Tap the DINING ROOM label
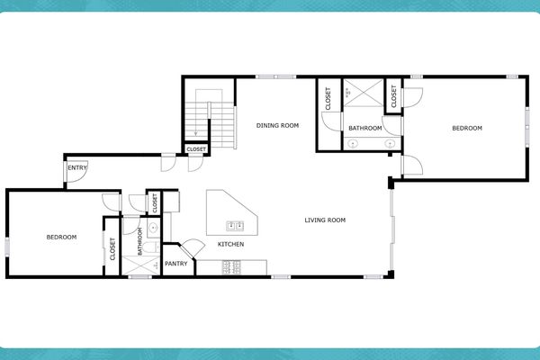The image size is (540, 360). [x=277, y=126]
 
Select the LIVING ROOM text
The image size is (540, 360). [x=325, y=220]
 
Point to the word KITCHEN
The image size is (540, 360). [x=230, y=245]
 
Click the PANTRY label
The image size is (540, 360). [x=176, y=265]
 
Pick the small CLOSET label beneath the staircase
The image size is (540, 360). [x=196, y=149]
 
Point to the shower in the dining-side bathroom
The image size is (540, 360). [x=364, y=97]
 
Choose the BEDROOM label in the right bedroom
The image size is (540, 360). [x=467, y=129]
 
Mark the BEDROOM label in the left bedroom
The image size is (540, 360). [x=61, y=238]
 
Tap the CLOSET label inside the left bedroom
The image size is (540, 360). [x=112, y=249]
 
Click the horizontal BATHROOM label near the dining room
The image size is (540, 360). [x=365, y=129]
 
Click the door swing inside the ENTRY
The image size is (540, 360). [x=78, y=178]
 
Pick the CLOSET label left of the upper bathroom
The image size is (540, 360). [x=328, y=98]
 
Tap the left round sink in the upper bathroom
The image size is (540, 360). [x=353, y=143]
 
